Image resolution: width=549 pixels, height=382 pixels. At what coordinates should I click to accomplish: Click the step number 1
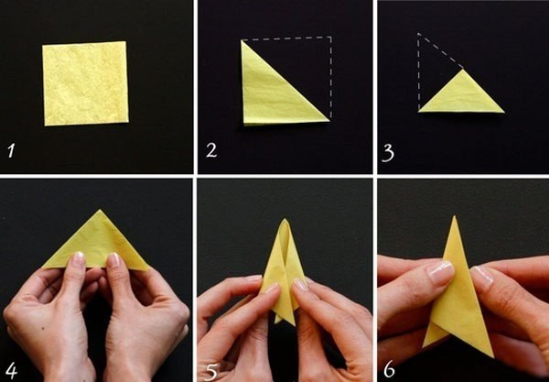(x=11, y=151)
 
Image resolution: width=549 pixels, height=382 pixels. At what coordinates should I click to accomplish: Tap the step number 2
(x=211, y=150)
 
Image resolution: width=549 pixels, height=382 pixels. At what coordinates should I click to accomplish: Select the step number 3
(x=388, y=153)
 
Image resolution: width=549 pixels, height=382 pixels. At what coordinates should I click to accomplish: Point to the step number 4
(x=11, y=370)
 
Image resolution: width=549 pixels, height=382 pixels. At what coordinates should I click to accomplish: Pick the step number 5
(x=211, y=372)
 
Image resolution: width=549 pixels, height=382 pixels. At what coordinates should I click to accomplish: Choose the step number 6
(x=390, y=370)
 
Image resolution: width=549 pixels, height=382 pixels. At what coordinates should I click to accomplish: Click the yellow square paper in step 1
(x=85, y=83)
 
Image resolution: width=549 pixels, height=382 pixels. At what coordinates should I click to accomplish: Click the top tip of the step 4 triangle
(x=101, y=210)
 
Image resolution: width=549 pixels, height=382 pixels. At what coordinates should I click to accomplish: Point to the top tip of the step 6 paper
(x=455, y=216)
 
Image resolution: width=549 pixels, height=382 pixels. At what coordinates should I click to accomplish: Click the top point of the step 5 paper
(x=285, y=219)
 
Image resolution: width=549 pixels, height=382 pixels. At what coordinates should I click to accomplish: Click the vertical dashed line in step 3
(x=418, y=71)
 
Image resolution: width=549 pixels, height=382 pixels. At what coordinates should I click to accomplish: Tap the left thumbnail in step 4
(x=79, y=258)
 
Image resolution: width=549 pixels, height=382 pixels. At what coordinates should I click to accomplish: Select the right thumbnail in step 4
(x=113, y=259)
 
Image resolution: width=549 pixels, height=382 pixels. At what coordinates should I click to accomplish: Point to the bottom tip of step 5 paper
(x=293, y=323)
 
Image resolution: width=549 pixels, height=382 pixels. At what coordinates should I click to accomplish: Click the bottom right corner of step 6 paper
(x=493, y=356)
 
